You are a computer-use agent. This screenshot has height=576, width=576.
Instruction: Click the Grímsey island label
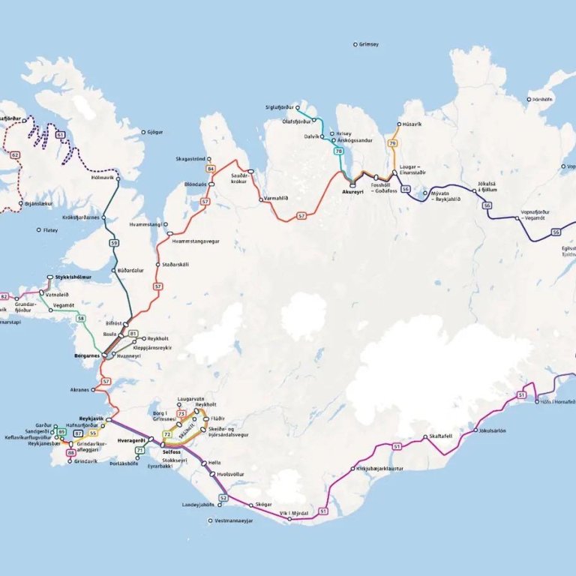(x=369, y=45)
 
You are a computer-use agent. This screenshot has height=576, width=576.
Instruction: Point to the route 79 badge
(x=391, y=143)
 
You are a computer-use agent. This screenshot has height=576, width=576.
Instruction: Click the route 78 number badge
(x=338, y=151)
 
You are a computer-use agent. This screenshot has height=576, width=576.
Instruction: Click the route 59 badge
(x=114, y=243)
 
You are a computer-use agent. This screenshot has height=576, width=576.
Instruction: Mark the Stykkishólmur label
(x=73, y=277)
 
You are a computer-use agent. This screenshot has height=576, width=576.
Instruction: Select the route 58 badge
(x=80, y=319)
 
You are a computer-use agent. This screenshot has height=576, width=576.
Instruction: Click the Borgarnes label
(x=88, y=355)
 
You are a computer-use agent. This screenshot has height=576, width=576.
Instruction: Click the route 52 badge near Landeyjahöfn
(x=223, y=497)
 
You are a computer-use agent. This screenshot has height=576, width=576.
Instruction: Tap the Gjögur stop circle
(x=143, y=133)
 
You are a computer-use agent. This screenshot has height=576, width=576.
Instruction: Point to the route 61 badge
(x=59, y=134)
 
